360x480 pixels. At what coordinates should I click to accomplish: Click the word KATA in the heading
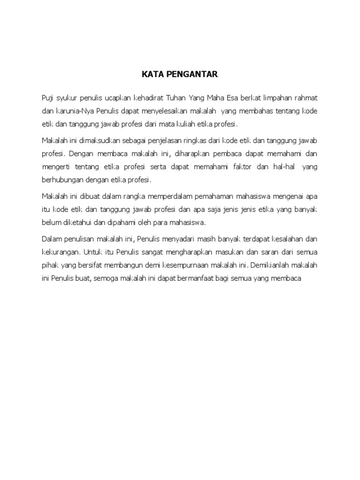(x=150, y=74)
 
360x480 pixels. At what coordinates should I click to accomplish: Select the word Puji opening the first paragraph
(x=48, y=97)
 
